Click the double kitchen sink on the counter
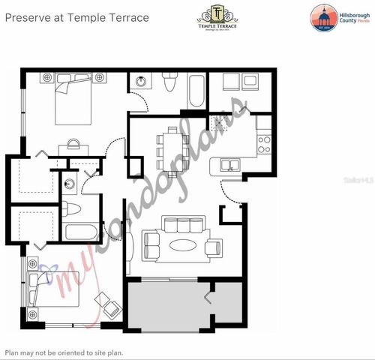229,165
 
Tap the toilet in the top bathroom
169,83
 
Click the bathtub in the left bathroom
82,230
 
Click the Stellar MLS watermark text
357,181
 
